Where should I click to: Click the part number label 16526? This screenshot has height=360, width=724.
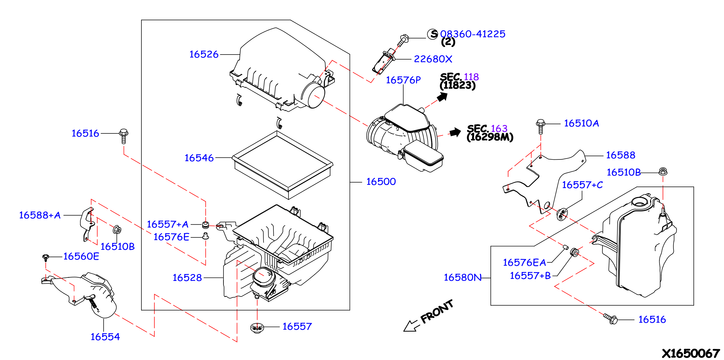[204, 54]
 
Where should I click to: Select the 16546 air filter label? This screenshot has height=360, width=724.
[199, 158]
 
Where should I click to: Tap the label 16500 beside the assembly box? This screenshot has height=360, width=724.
[381, 182]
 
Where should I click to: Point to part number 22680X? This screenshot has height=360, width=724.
[433, 59]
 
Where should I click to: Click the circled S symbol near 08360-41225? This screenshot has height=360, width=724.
[433, 34]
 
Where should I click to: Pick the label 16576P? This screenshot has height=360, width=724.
[403, 80]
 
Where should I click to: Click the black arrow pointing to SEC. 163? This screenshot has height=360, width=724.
[455, 132]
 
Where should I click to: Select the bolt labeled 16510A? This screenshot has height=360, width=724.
[540, 127]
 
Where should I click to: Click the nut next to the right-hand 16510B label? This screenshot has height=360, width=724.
[663, 171]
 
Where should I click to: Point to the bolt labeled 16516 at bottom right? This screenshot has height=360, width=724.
[611, 319]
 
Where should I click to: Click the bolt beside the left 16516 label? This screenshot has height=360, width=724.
[124, 136]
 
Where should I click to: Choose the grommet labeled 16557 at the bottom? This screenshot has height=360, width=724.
[257, 328]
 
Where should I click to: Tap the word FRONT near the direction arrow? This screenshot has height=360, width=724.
[437, 312]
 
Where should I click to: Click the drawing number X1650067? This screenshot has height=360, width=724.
[691, 353]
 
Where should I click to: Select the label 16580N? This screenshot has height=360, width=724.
[463, 278]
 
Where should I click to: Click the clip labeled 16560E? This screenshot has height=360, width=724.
[46, 258]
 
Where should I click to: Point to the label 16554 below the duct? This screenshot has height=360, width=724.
[105, 337]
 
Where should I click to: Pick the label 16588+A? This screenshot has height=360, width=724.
[40, 215]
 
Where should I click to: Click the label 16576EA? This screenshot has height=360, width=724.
[524, 263]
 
